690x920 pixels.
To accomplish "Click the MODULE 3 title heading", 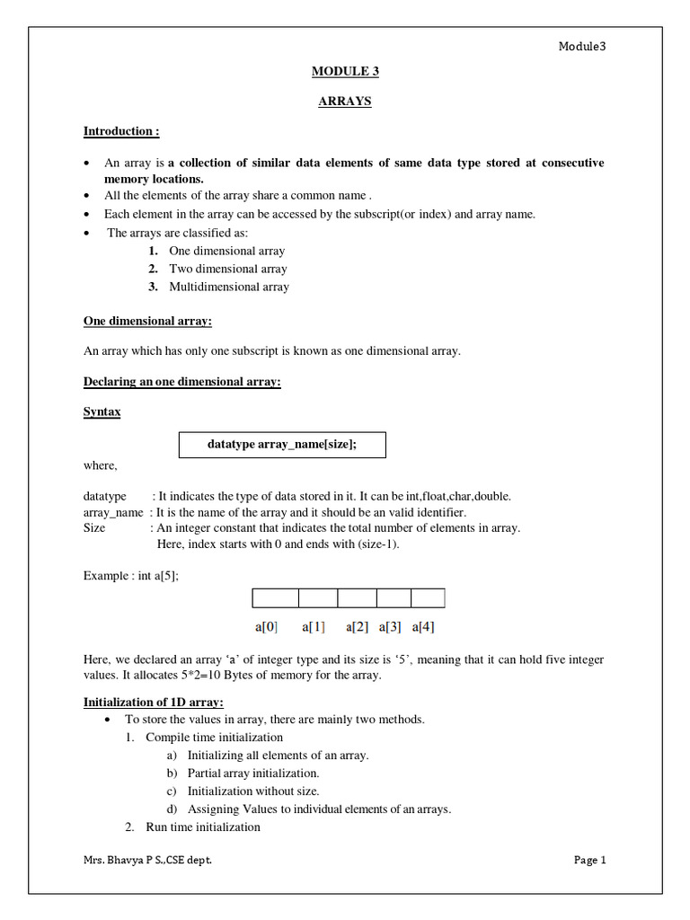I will [x=344, y=71].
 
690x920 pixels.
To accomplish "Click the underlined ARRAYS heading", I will [x=344, y=102].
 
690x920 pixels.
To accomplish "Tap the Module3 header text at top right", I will [x=583, y=47].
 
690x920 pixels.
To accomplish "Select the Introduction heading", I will [x=121, y=131].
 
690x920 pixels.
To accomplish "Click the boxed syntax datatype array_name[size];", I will [x=282, y=445].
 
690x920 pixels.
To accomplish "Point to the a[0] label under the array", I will [x=267, y=626].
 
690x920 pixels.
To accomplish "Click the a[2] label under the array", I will [x=357, y=626].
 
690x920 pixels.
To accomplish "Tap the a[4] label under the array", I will [x=423, y=626].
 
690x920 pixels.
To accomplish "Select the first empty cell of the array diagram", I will [x=275, y=598].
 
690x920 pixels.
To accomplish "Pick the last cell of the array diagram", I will [x=428, y=598].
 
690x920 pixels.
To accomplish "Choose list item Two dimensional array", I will [x=227, y=269].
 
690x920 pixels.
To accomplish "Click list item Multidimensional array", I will [x=229, y=287].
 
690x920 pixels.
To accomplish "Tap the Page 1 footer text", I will [x=590, y=860].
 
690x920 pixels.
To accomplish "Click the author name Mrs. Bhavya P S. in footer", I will [x=148, y=860].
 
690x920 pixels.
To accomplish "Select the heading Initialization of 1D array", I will [x=154, y=702].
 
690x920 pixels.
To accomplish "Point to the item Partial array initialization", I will [x=252, y=773].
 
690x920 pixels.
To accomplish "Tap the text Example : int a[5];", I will [x=131, y=576].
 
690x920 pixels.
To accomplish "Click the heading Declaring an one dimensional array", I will [x=182, y=382].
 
